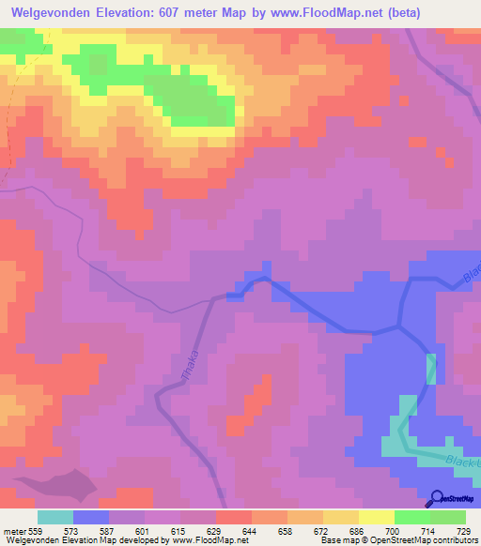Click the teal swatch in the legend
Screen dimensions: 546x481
[x=55, y=517]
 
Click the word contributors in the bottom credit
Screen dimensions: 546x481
[x=455, y=540]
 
